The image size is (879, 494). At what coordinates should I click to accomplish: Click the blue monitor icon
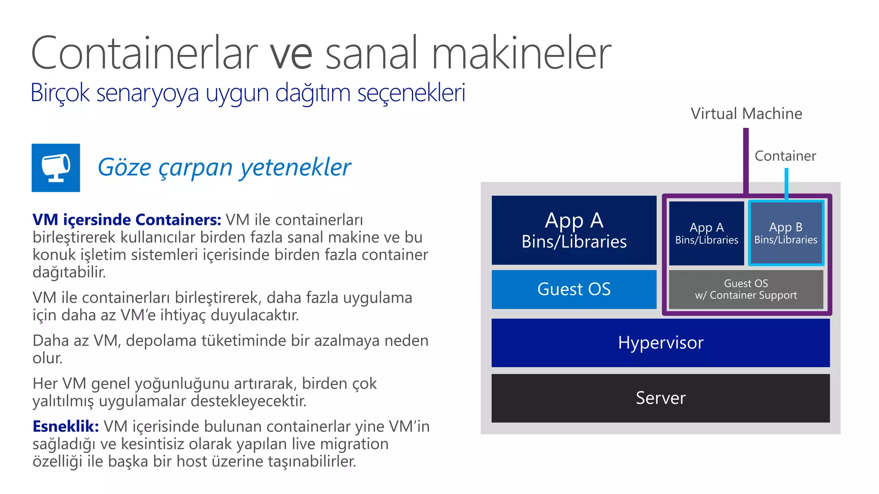56,168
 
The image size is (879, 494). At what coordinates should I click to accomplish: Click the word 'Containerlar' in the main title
144,53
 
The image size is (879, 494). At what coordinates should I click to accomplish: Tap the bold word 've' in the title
291,54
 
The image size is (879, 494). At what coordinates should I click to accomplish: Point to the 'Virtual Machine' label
746,114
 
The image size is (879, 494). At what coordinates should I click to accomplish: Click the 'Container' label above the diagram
785,156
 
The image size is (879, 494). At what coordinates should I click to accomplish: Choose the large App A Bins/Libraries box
574,230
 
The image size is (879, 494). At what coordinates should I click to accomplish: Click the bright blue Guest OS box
574,289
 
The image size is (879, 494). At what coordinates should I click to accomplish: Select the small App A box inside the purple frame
706,233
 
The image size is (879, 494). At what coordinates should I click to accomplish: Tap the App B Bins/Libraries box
785,233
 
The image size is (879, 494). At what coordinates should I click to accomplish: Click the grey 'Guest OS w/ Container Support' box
746,289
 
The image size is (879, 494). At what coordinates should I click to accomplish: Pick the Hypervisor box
661,343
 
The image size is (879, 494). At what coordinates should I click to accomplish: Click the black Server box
661,398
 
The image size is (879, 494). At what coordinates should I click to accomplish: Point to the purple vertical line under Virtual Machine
746,161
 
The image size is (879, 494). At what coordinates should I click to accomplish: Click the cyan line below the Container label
786,184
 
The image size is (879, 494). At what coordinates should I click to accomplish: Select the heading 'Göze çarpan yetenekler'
224,167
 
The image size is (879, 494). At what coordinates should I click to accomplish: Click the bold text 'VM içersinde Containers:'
127,220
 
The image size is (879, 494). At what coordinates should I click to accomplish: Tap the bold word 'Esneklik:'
66,427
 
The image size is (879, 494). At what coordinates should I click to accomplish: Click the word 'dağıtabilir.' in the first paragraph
69,272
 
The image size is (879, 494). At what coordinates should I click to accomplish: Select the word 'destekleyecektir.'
249,401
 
